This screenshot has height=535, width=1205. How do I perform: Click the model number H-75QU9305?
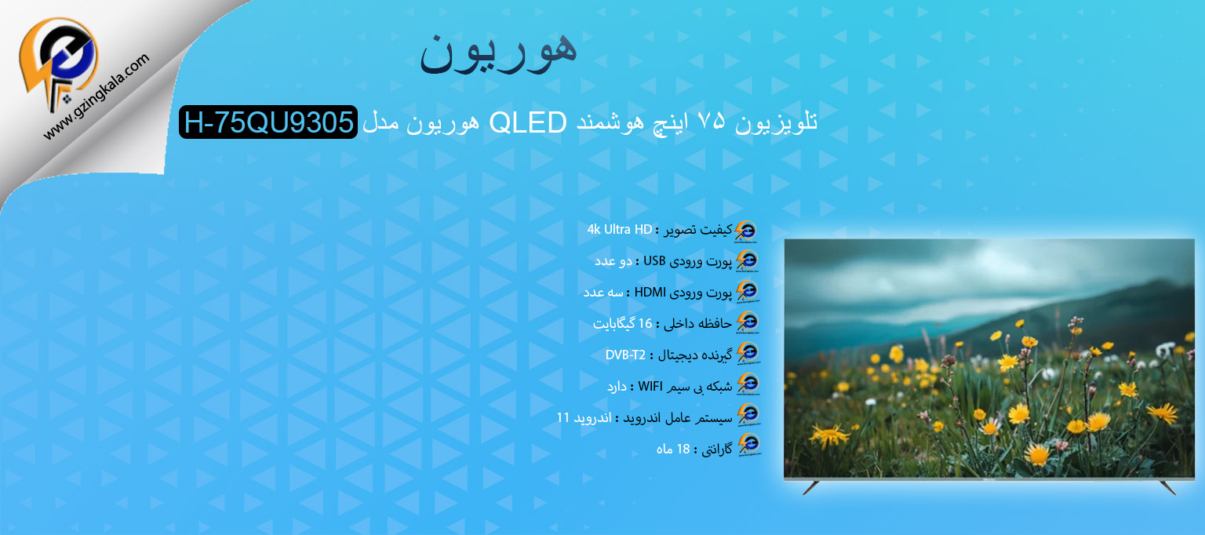coord(268,122)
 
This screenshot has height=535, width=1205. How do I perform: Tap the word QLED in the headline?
coord(528,122)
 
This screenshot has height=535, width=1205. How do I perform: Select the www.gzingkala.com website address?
coord(96,96)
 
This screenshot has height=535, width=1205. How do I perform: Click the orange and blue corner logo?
coord(58,62)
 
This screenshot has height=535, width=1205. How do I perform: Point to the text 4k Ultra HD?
coord(620,230)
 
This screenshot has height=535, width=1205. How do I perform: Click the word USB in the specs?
coord(654,260)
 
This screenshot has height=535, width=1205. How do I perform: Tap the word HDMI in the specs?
coord(650,292)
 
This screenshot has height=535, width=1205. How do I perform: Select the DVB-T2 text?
coord(625,355)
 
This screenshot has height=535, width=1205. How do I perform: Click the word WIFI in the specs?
coord(650,386)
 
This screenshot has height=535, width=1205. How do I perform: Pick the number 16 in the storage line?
coord(645,323)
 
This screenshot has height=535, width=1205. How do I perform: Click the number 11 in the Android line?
coord(562,417)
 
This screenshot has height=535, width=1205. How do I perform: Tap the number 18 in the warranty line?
coord(683,449)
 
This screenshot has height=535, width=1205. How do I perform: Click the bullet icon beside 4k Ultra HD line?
coord(746,231)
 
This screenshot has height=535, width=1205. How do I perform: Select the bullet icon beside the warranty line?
coord(749,446)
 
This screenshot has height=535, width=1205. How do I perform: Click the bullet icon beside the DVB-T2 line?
coord(748,354)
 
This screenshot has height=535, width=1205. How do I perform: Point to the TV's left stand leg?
coord(811,487)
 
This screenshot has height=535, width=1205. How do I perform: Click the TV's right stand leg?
coord(1168,488)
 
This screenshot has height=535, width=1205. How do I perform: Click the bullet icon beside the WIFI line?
coord(748,384)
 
